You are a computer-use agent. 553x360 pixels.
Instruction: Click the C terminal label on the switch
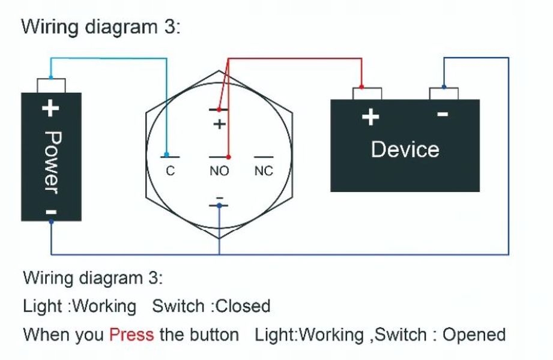pos(170,171)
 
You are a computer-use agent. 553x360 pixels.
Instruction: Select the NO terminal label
pos(219,171)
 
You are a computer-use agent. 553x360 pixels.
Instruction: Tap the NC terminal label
pos(264,171)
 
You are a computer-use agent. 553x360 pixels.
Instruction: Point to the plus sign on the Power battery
pos(51,108)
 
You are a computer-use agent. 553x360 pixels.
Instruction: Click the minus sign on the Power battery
pos(52,211)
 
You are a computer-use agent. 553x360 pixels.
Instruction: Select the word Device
pos(405,149)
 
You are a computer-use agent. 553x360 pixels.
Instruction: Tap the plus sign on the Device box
pos(370,116)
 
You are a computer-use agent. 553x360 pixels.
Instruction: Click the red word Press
pos(131,334)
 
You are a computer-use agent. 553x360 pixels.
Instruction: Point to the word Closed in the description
pos(243,306)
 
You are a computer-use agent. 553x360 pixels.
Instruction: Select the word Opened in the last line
pos(474,334)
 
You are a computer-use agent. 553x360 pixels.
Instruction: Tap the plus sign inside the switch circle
pos(220,124)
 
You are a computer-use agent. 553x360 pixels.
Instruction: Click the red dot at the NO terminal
pos(228,157)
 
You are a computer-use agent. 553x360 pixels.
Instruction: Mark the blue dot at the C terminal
pos(167,155)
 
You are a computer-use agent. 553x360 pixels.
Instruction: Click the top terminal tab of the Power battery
pos(51,85)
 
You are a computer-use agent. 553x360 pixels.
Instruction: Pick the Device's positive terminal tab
pos(367,94)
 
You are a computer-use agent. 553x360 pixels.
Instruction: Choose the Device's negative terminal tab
pos(444,93)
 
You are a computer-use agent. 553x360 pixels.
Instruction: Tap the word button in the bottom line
pos(213,334)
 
